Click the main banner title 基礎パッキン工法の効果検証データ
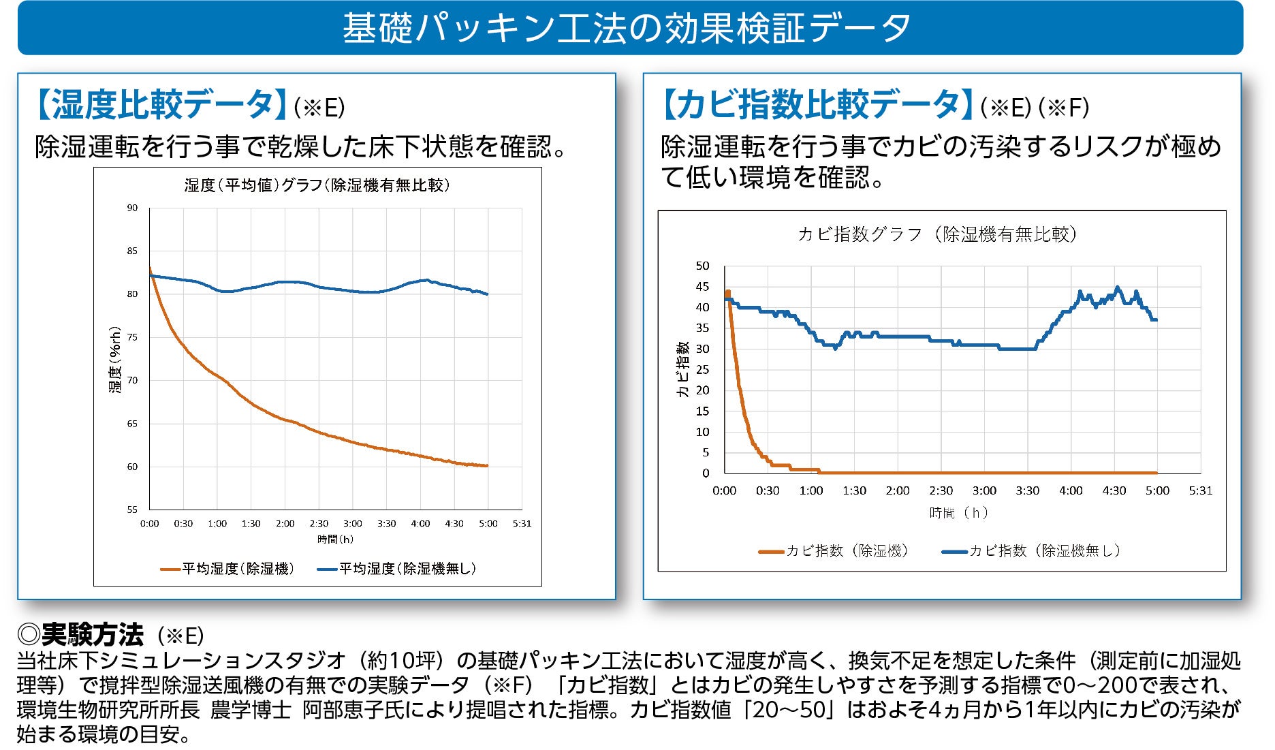tap(627, 29)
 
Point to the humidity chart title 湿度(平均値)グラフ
tap(317, 185)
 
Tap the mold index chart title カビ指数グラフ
tap(936, 235)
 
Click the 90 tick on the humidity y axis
tap(132, 208)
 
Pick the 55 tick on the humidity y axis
tap(132, 510)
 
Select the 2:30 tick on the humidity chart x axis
tap(319, 524)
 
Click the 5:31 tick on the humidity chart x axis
tap(522, 524)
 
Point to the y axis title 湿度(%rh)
tap(115, 359)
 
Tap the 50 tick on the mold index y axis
tap(702, 266)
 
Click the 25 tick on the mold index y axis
tap(702, 370)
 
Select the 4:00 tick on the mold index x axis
tap(1071, 490)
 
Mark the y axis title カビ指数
tap(682, 369)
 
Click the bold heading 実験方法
tap(92, 635)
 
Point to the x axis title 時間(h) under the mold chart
tap(958, 512)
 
